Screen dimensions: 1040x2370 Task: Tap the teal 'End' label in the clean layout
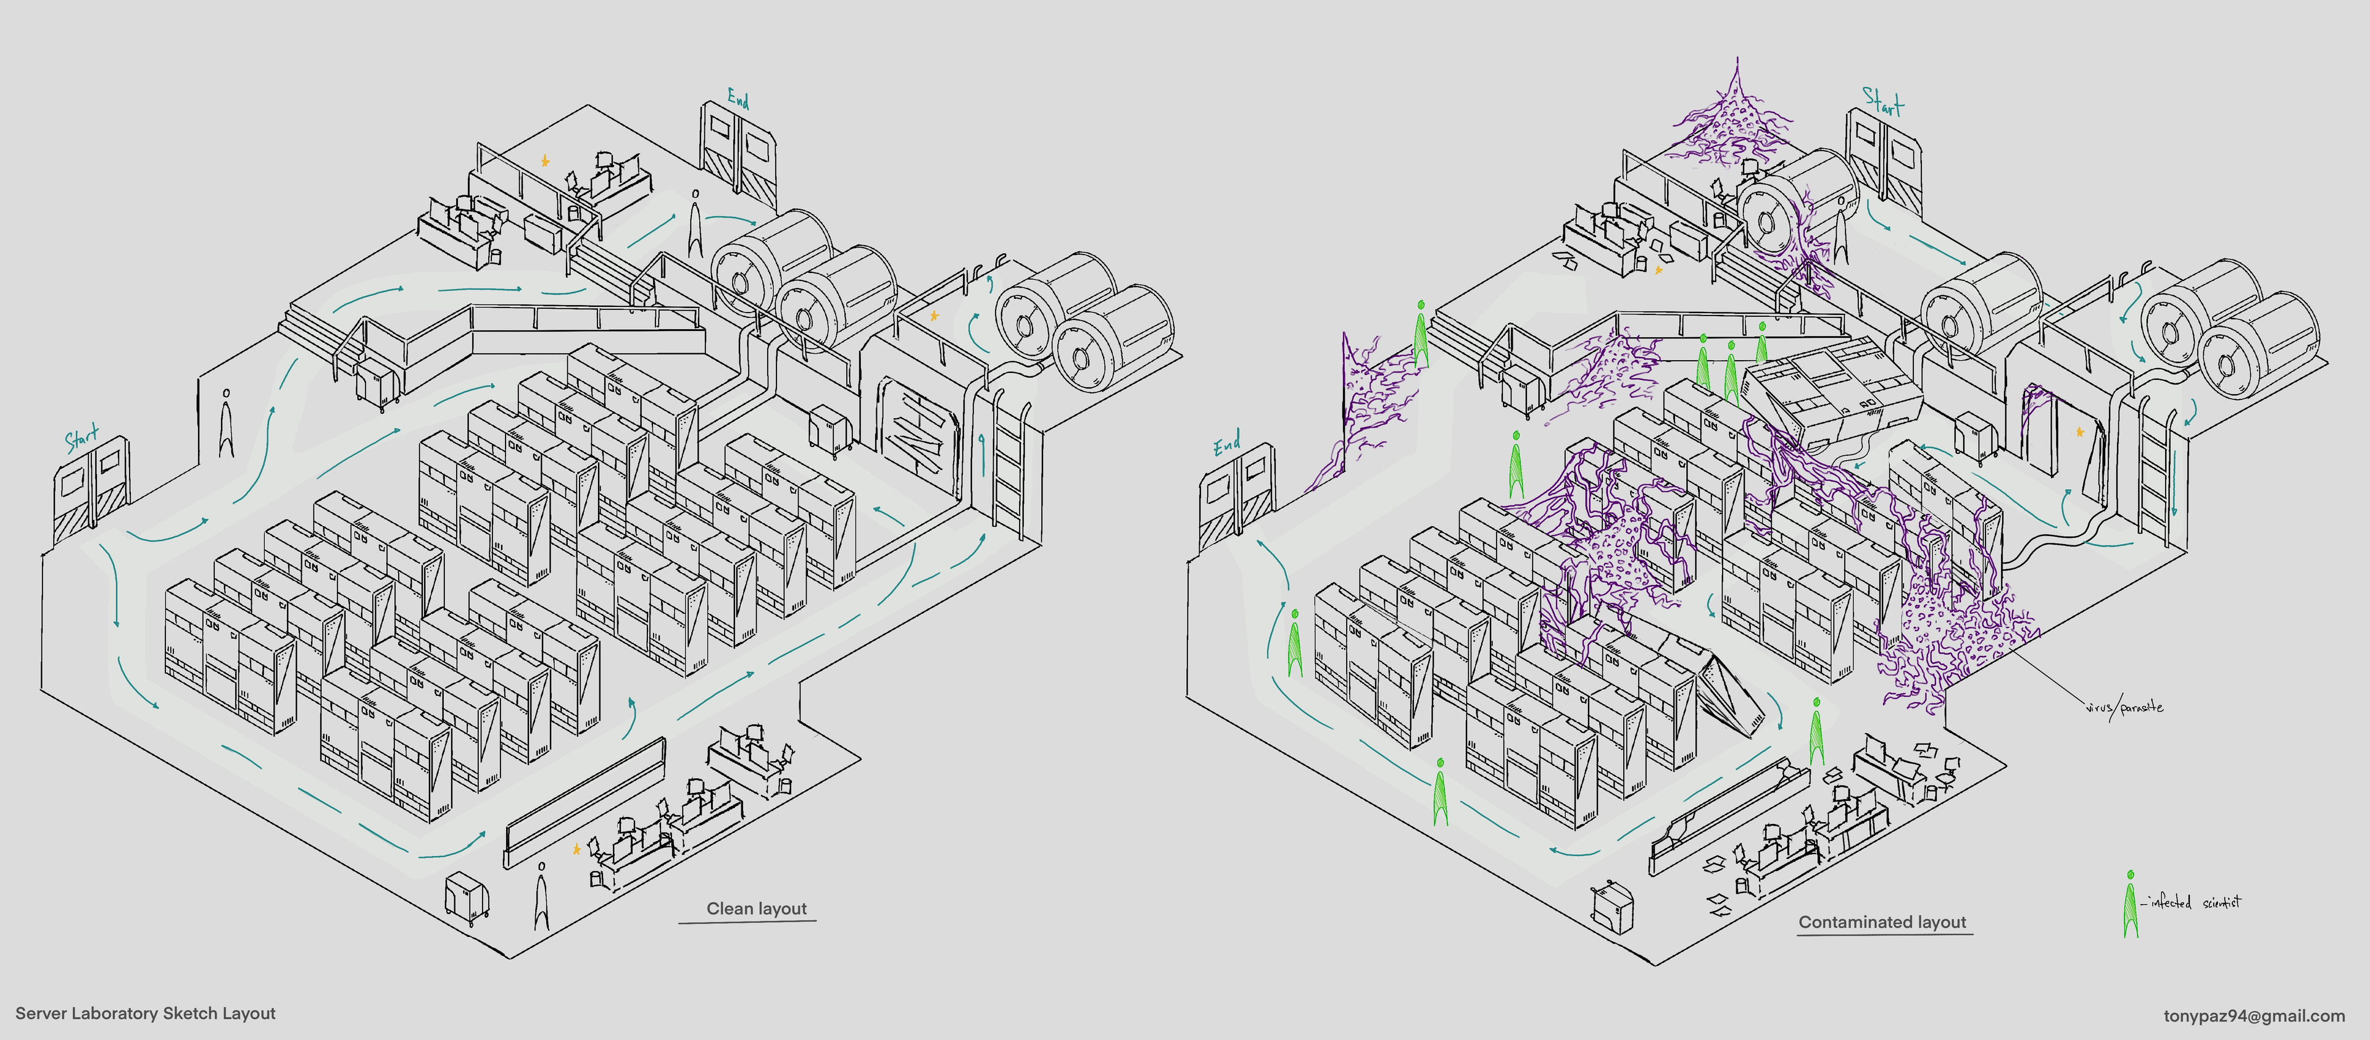[x=738, y=98]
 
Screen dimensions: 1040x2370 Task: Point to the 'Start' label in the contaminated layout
[x=1882, y=101]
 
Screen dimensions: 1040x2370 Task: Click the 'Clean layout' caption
[x=755, y=908]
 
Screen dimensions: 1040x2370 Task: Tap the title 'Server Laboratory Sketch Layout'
[x=146, y=1013]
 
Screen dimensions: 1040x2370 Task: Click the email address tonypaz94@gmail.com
[x=2253, y=1016]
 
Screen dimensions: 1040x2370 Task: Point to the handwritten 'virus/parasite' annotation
[x=2123, y=707]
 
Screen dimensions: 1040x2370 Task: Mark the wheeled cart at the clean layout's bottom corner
[x=467, y=897]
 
